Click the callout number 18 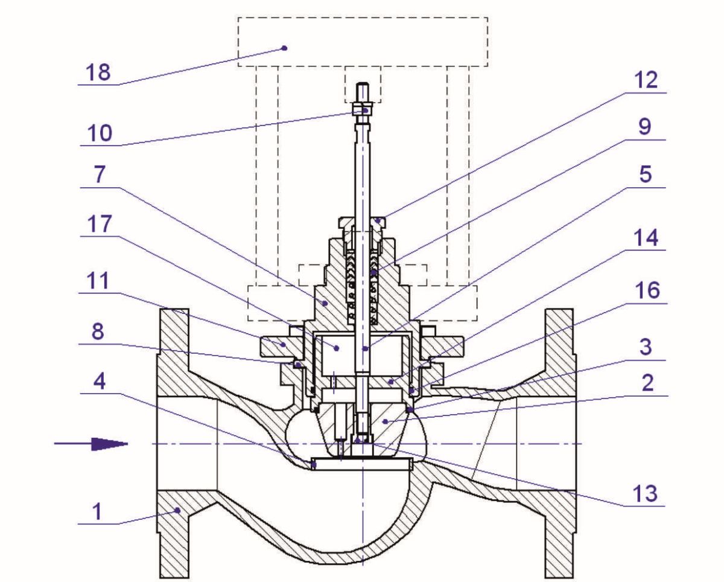coord(98,72)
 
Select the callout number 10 coord(100,133)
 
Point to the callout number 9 coord(644,127)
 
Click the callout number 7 coord(100,174)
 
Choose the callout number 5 coord(645,174)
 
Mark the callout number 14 coord(646,238)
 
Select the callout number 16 coord(647,290)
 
